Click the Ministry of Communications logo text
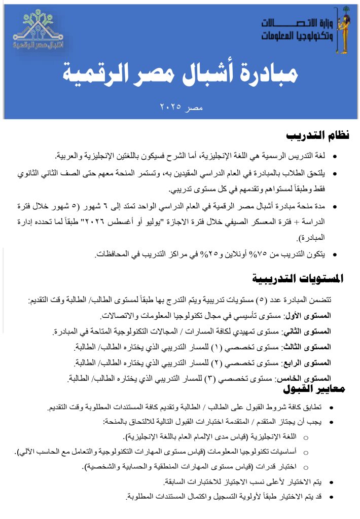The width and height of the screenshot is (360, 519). [x=297, y=30]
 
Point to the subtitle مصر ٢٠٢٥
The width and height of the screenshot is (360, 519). [x=181, y=107]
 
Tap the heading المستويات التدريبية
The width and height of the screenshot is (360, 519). [x=298, y=278]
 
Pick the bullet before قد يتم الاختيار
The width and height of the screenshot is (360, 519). [x=332, y=497]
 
